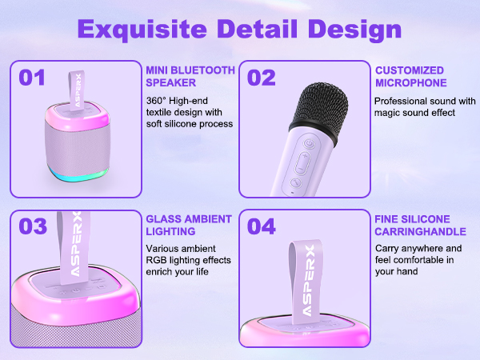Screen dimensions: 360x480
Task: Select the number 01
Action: click(x=33, y=78)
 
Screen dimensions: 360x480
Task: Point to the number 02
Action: click(x=262, y=78)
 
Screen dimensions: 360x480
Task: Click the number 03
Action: click(x=34, y=226)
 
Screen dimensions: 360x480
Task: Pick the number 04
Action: click(x=262, y=226)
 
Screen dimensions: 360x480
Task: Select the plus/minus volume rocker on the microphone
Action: click(x=302, y=164)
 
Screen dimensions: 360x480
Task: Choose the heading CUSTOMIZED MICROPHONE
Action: click(x=410, y=76)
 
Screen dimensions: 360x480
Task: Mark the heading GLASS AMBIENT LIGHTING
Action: click(x=188, y=225)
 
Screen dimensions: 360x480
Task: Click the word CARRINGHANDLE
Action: click(x=421, y=231)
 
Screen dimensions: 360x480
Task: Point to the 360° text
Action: click(x=157, y=102)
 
